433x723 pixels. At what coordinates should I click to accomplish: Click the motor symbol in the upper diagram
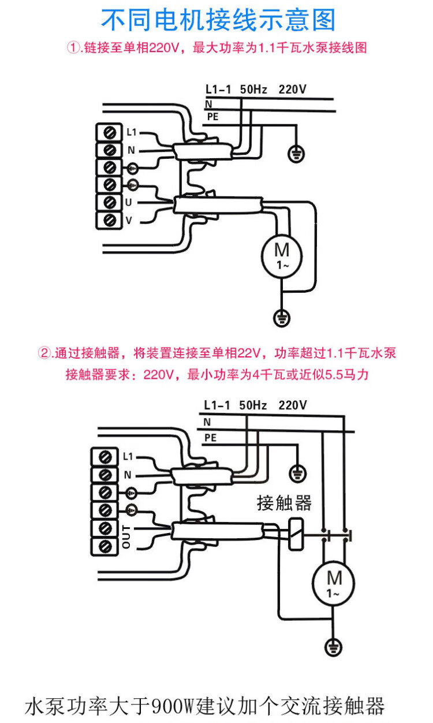click(282, 256)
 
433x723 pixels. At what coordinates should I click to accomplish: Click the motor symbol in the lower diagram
click(333, 583)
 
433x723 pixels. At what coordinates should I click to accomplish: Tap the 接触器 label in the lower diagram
click(284, 503)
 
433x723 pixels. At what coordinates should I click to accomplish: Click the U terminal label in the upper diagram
click(128, 202)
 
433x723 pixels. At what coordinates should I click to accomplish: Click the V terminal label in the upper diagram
click(129, 221)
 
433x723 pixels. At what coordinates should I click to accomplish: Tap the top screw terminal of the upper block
click(109, 133)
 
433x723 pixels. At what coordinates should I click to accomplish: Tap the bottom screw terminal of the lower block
click(104, 546)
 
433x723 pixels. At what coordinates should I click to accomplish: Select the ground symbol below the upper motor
click(281, 318)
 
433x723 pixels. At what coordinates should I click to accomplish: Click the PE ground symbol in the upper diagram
click(296, 154)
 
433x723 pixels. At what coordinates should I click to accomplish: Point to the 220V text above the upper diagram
click(292, 90)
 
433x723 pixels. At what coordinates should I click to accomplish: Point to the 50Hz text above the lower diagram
click(253, 405)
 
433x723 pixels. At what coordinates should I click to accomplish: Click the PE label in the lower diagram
click(210, 438)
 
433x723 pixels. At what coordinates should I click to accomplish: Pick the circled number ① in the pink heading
click(73, 48)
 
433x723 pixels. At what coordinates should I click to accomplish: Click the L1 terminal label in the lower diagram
click(128, 456)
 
